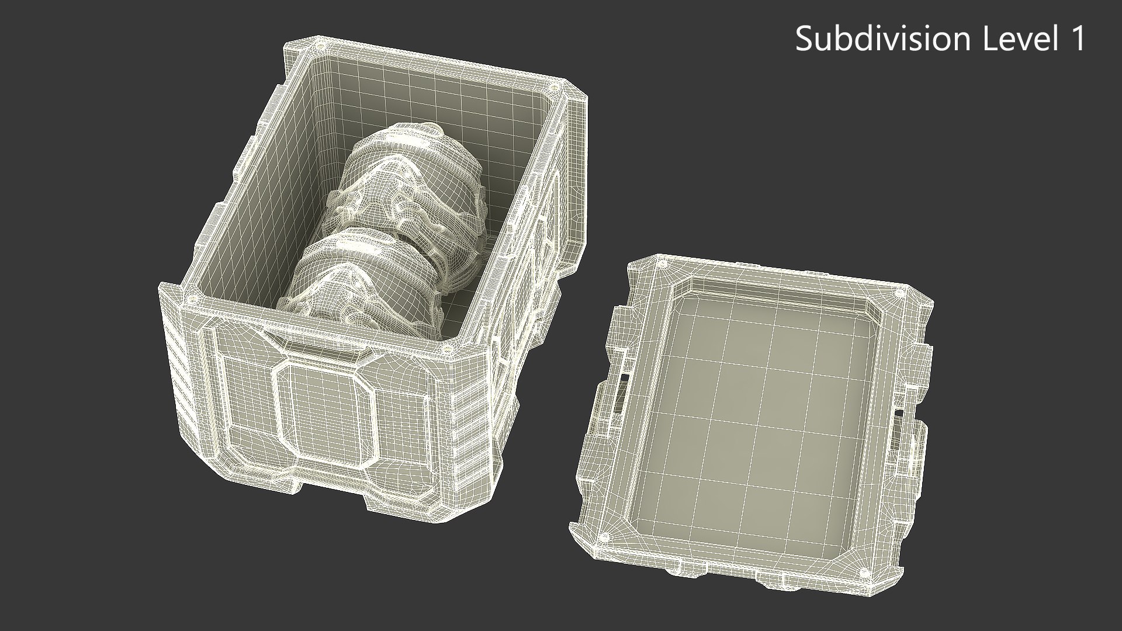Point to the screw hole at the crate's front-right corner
(x=449, y=350)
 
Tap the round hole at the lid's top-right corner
(x=901, y=291)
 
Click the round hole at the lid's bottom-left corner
(x=605, y=537)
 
